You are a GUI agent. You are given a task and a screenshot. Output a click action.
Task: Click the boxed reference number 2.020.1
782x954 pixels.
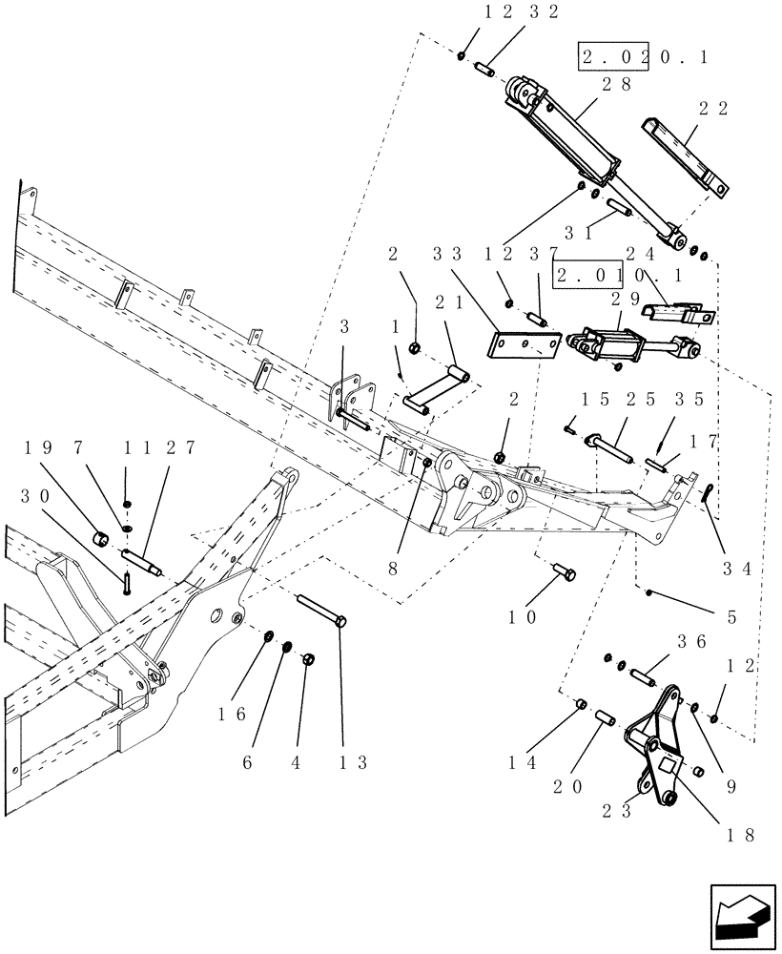(x=643, y=57)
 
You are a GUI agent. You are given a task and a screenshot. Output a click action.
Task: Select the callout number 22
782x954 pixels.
(x=712, y=109)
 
